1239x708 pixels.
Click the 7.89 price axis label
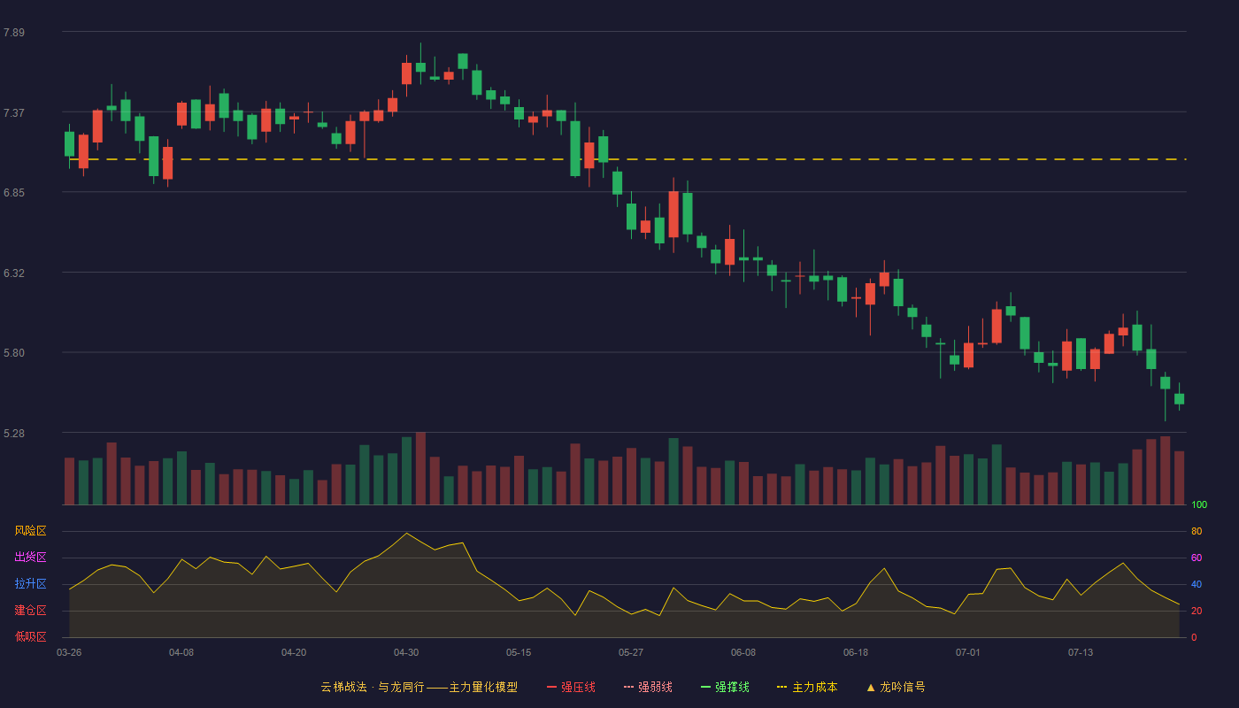tap(14, 33)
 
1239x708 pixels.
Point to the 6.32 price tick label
tap(14, 273)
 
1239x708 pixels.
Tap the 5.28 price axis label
tap(14, 434)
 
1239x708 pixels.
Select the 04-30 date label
tap(406, 653)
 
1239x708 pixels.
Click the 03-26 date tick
tap(69, 653)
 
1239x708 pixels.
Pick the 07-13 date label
tap(1081, 653)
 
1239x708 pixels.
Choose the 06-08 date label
tap(743, 653)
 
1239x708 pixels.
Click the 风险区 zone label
tap(30, 531)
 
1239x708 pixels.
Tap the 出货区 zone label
tap(30, 558)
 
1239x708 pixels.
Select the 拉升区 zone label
tap(30, 584)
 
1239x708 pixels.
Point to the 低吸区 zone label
tap(30, 637)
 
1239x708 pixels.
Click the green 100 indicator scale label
tap(1199, 505)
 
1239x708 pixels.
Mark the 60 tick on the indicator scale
tap(1197, 558)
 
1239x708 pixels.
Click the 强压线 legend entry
tap(571, 688)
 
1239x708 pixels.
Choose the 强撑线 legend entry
tap(725, 688)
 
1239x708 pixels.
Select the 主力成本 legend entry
tap(807, 688)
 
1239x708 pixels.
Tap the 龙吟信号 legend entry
tap(896, 688)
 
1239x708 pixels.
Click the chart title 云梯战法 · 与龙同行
tap(373, 688)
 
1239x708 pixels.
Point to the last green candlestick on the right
tap(1179, 399)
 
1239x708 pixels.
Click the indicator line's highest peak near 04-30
tap(406, 533)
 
